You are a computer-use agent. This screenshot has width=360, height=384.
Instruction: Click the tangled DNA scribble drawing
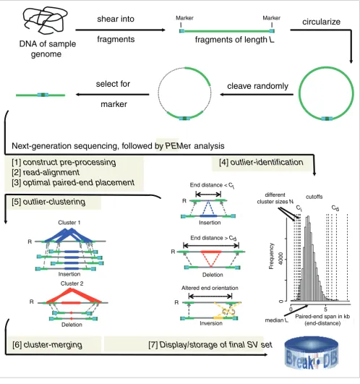[x=45, y=20]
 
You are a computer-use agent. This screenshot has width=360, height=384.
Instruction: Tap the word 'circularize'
[x=322, y=22]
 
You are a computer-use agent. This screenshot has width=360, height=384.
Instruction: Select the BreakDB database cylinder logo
[x=312, y=353]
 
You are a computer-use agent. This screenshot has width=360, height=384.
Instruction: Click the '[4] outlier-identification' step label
[x=261, y=163]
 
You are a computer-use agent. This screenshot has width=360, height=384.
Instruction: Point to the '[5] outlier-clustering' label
[x=48, y=202]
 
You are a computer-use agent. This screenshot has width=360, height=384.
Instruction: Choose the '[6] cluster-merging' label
[x=47, y=345]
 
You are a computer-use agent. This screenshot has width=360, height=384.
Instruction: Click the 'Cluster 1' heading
[x=69, y=223]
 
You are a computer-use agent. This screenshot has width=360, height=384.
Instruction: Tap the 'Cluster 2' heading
[x=72, y=283]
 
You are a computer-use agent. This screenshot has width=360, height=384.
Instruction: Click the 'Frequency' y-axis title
[x=271, y=256]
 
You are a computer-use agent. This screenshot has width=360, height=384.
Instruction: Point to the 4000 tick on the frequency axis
[x=281, y=259]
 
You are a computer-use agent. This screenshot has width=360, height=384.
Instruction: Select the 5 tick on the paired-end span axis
[x=325, y=310]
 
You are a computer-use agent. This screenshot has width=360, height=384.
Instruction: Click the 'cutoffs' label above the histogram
[x=314, y=197]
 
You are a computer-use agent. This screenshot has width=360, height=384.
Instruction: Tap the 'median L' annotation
[x=277, y=320]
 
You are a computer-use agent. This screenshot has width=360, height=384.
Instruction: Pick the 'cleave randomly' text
[x=257, y=86]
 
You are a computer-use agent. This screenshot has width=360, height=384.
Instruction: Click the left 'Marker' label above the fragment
[x=184, y=18]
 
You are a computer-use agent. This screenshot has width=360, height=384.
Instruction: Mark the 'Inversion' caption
[x=211, y=323]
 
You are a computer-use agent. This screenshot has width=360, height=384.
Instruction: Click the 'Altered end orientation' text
[x=210, y=288]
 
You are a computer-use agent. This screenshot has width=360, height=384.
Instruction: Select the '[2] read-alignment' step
[x=46, y=172]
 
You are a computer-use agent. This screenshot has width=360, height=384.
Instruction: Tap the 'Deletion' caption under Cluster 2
[x=72, y=325]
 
